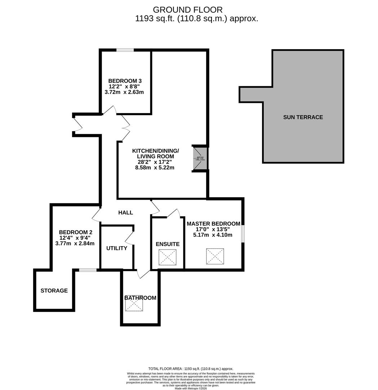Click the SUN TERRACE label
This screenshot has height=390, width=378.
pyautogui.click(x=303, y=117)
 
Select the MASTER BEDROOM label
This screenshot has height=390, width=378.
pyautogui.click(x=213, y=224)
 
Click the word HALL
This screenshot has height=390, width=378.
pyautogui.click(x=125, y=213)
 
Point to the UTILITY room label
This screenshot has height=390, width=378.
pyautogui.click(x=116, y=248)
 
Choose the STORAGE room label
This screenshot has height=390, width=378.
pyautogui.click(x=54, y=290)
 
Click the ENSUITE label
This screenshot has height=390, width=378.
pyautogui.click(x=168, y=244)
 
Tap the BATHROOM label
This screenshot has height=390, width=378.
pyautogui.click(x=140, y=298)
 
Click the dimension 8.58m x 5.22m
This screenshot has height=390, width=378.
pyautogui.click(x=155, y=168)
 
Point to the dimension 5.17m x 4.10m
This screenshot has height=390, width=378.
pyautogui.click(x=213, y=235)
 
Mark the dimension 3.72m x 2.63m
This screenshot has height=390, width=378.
pyautogui.click(x=124, y=92)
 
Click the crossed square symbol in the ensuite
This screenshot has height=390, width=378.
pyautogui.click(x=168, y=257)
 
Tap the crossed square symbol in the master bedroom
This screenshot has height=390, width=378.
pyautogui.click(x=215, y=256)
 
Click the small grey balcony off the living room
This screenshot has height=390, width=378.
pyautogui.click(x=200, y=158)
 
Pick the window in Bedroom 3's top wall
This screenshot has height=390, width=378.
pyautogui.click(x=125, y=50)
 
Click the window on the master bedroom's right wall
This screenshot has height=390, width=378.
pyautogui.click(x=243, y=234)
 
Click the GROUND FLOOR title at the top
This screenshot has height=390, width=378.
pyautogui.click(x=188, y=10)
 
